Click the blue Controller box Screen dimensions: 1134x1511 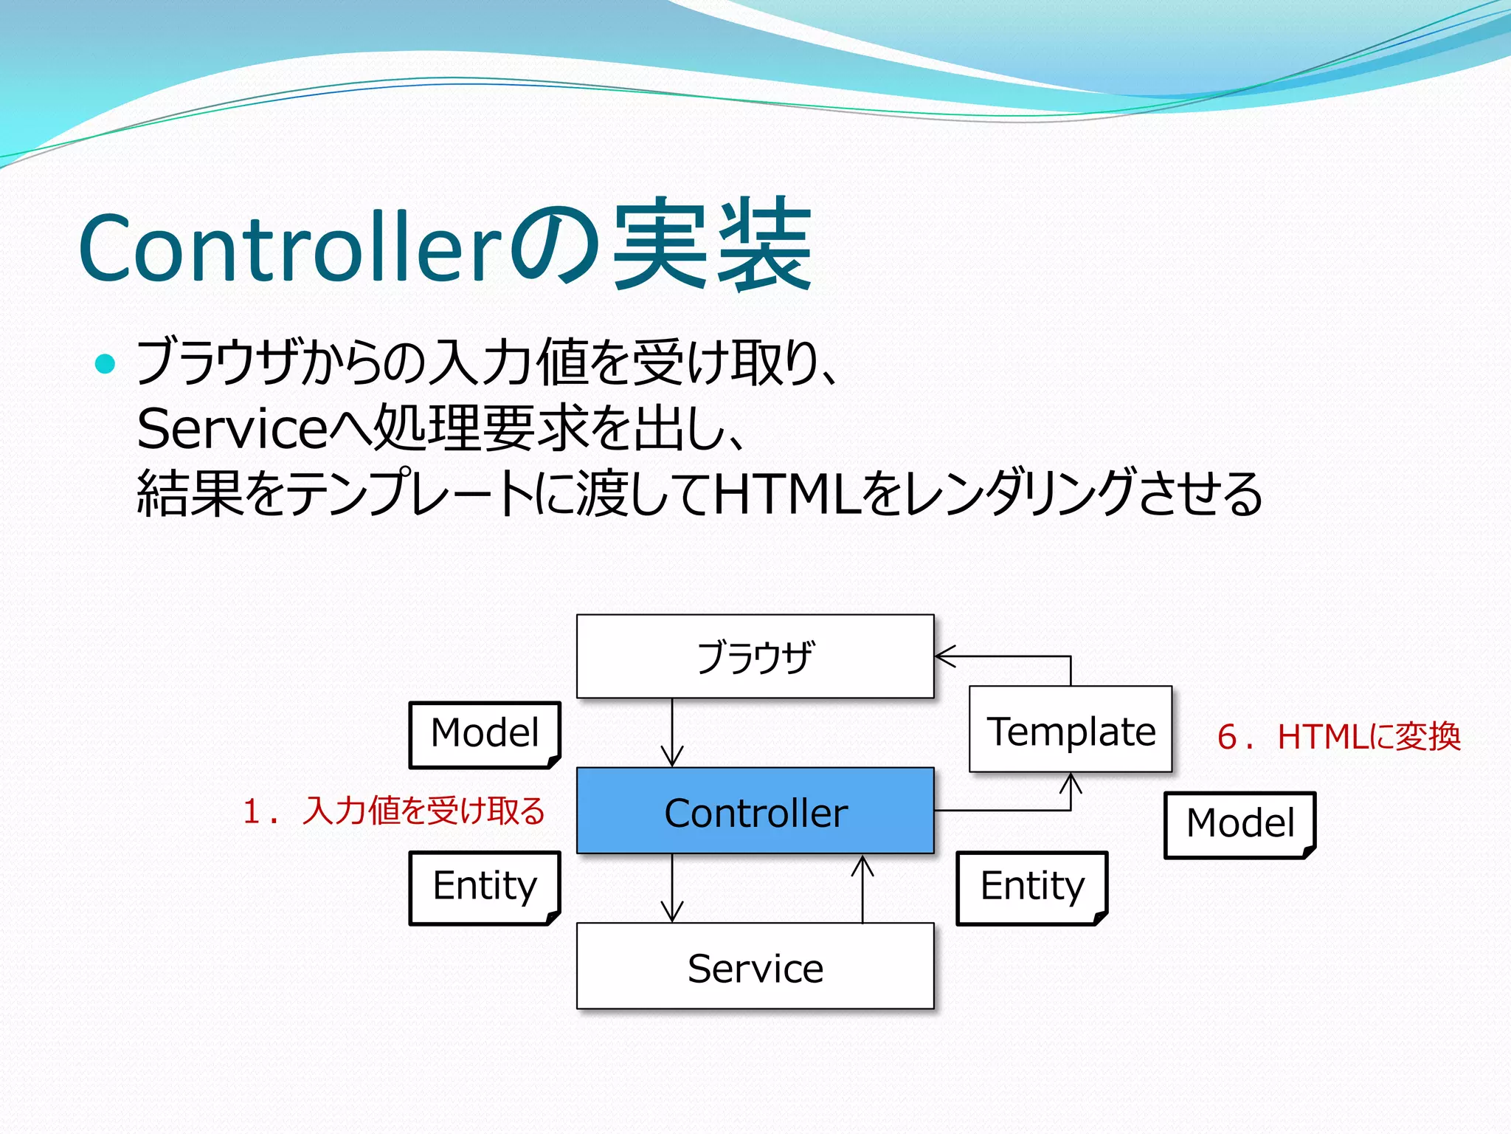coord(755,811)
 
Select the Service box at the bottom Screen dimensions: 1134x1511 coord(755,966)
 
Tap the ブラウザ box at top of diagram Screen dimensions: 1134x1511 coord(755,656)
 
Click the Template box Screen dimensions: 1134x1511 coord(1071,730)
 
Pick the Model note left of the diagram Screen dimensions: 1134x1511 coord(485,734)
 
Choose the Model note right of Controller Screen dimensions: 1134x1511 coord(1239,824)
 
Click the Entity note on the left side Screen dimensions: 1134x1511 coord(485,887)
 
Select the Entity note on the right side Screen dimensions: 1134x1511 coord(1032,887)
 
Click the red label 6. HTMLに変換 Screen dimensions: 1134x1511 coord(1338,737)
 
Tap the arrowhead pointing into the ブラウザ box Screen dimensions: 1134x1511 coord(944,656)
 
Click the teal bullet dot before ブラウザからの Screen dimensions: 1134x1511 coord(106,364)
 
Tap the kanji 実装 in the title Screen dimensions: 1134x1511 coord(713,245)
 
